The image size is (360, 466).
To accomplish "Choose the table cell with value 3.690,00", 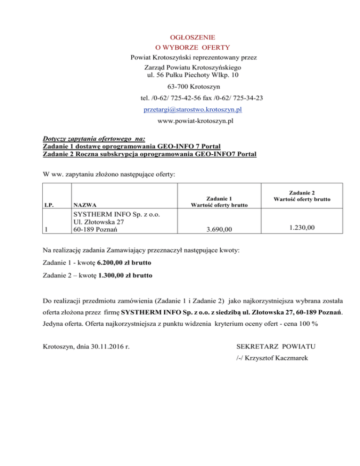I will pyautogui.click(x=218, y=229).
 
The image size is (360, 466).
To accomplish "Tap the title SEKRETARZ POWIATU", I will pyautogui.click(x=276, y=347).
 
